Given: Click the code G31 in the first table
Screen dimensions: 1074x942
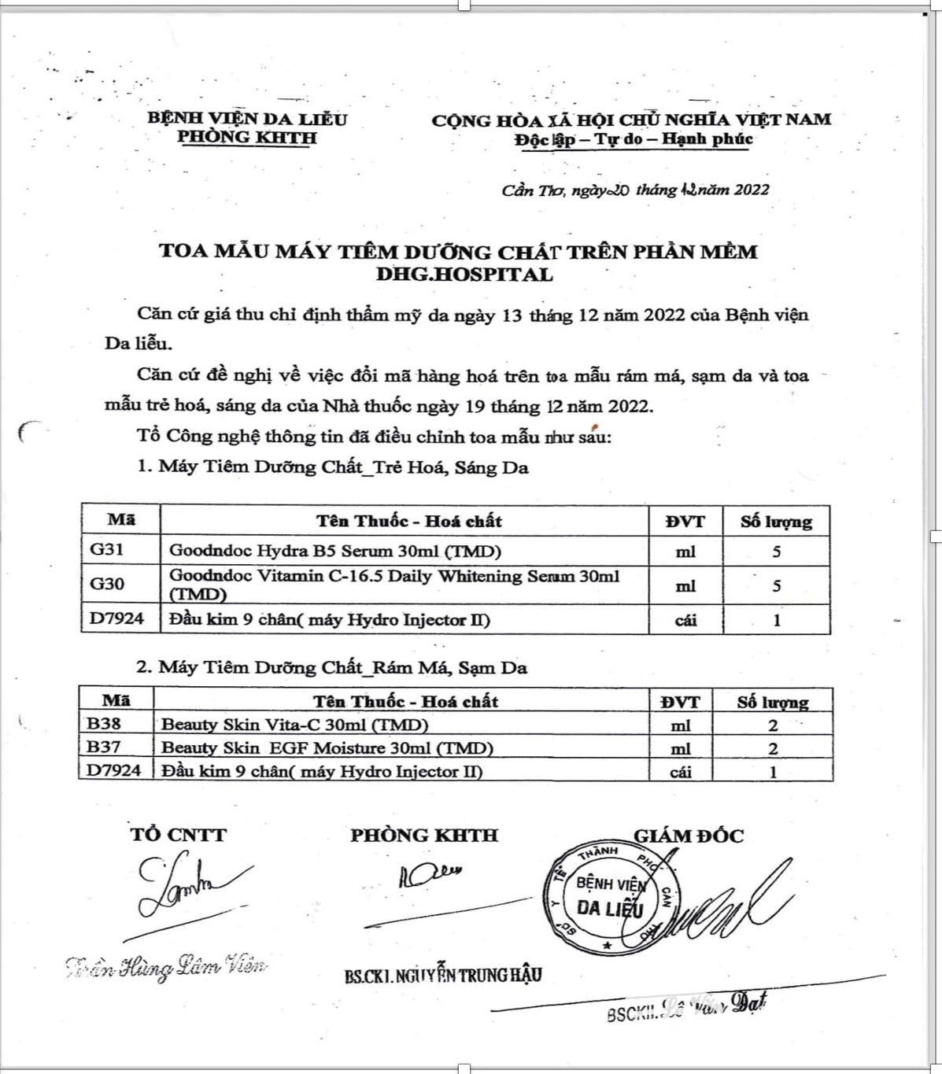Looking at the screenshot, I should (x=107, y=549).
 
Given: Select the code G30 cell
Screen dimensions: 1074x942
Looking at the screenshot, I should (x=107, y=584).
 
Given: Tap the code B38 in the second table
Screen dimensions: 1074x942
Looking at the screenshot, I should (x=104, y=724).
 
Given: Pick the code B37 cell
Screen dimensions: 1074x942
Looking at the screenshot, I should (x=104, y=747).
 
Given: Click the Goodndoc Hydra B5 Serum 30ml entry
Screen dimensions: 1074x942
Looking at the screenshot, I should (x=335, y=550).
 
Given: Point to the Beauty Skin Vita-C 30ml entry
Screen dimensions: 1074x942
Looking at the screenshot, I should (x=294, y=725).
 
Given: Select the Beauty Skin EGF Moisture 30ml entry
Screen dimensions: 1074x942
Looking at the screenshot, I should (x=327, y=747).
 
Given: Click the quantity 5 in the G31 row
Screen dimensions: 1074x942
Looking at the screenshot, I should (x=776, y=552).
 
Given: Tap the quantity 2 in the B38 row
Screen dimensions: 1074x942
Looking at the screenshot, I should (x=773, y=725).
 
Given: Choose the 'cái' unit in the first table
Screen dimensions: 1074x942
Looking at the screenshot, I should (x=685, y=620).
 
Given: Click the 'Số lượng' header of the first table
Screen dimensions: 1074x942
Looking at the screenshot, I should (x=776, y=522).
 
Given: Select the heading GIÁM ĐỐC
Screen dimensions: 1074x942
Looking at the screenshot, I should (x=689, y=836).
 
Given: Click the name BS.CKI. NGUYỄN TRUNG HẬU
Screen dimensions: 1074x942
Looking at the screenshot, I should (x=442, y=976).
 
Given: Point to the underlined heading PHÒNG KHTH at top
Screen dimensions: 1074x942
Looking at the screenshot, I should (x=247, y=137).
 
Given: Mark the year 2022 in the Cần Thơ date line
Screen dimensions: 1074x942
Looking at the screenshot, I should (x=751, y=190).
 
